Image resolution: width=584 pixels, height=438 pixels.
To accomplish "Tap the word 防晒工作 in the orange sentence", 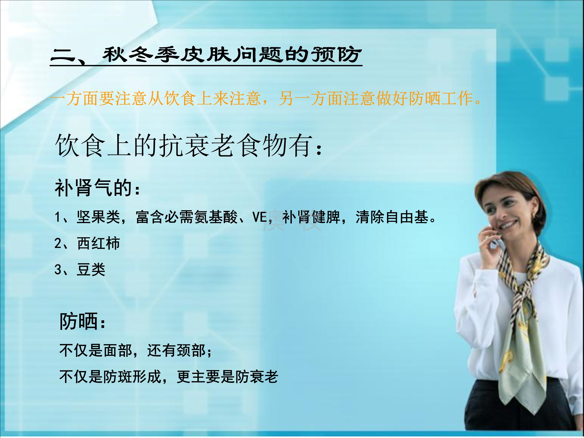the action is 441,98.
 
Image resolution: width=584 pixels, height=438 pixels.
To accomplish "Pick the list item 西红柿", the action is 98,243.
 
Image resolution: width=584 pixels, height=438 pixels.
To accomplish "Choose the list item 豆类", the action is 91,270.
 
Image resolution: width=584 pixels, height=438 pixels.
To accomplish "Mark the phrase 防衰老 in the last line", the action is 256,377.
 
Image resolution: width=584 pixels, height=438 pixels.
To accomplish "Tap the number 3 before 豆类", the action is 58,270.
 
